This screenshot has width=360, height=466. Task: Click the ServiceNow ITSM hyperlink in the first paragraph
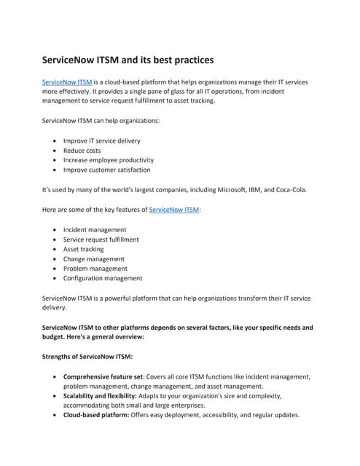[67, 83]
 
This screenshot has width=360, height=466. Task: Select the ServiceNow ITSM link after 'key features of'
[174, 210]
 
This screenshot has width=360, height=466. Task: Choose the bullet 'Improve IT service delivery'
[102, 141]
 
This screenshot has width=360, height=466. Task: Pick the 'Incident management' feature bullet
[95, 229]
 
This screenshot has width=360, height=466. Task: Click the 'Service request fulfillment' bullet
[101, 240]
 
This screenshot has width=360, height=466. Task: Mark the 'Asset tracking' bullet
[84, 249]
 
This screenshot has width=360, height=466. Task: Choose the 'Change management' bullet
[94, 259]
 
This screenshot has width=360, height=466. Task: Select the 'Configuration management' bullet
[103, 278]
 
